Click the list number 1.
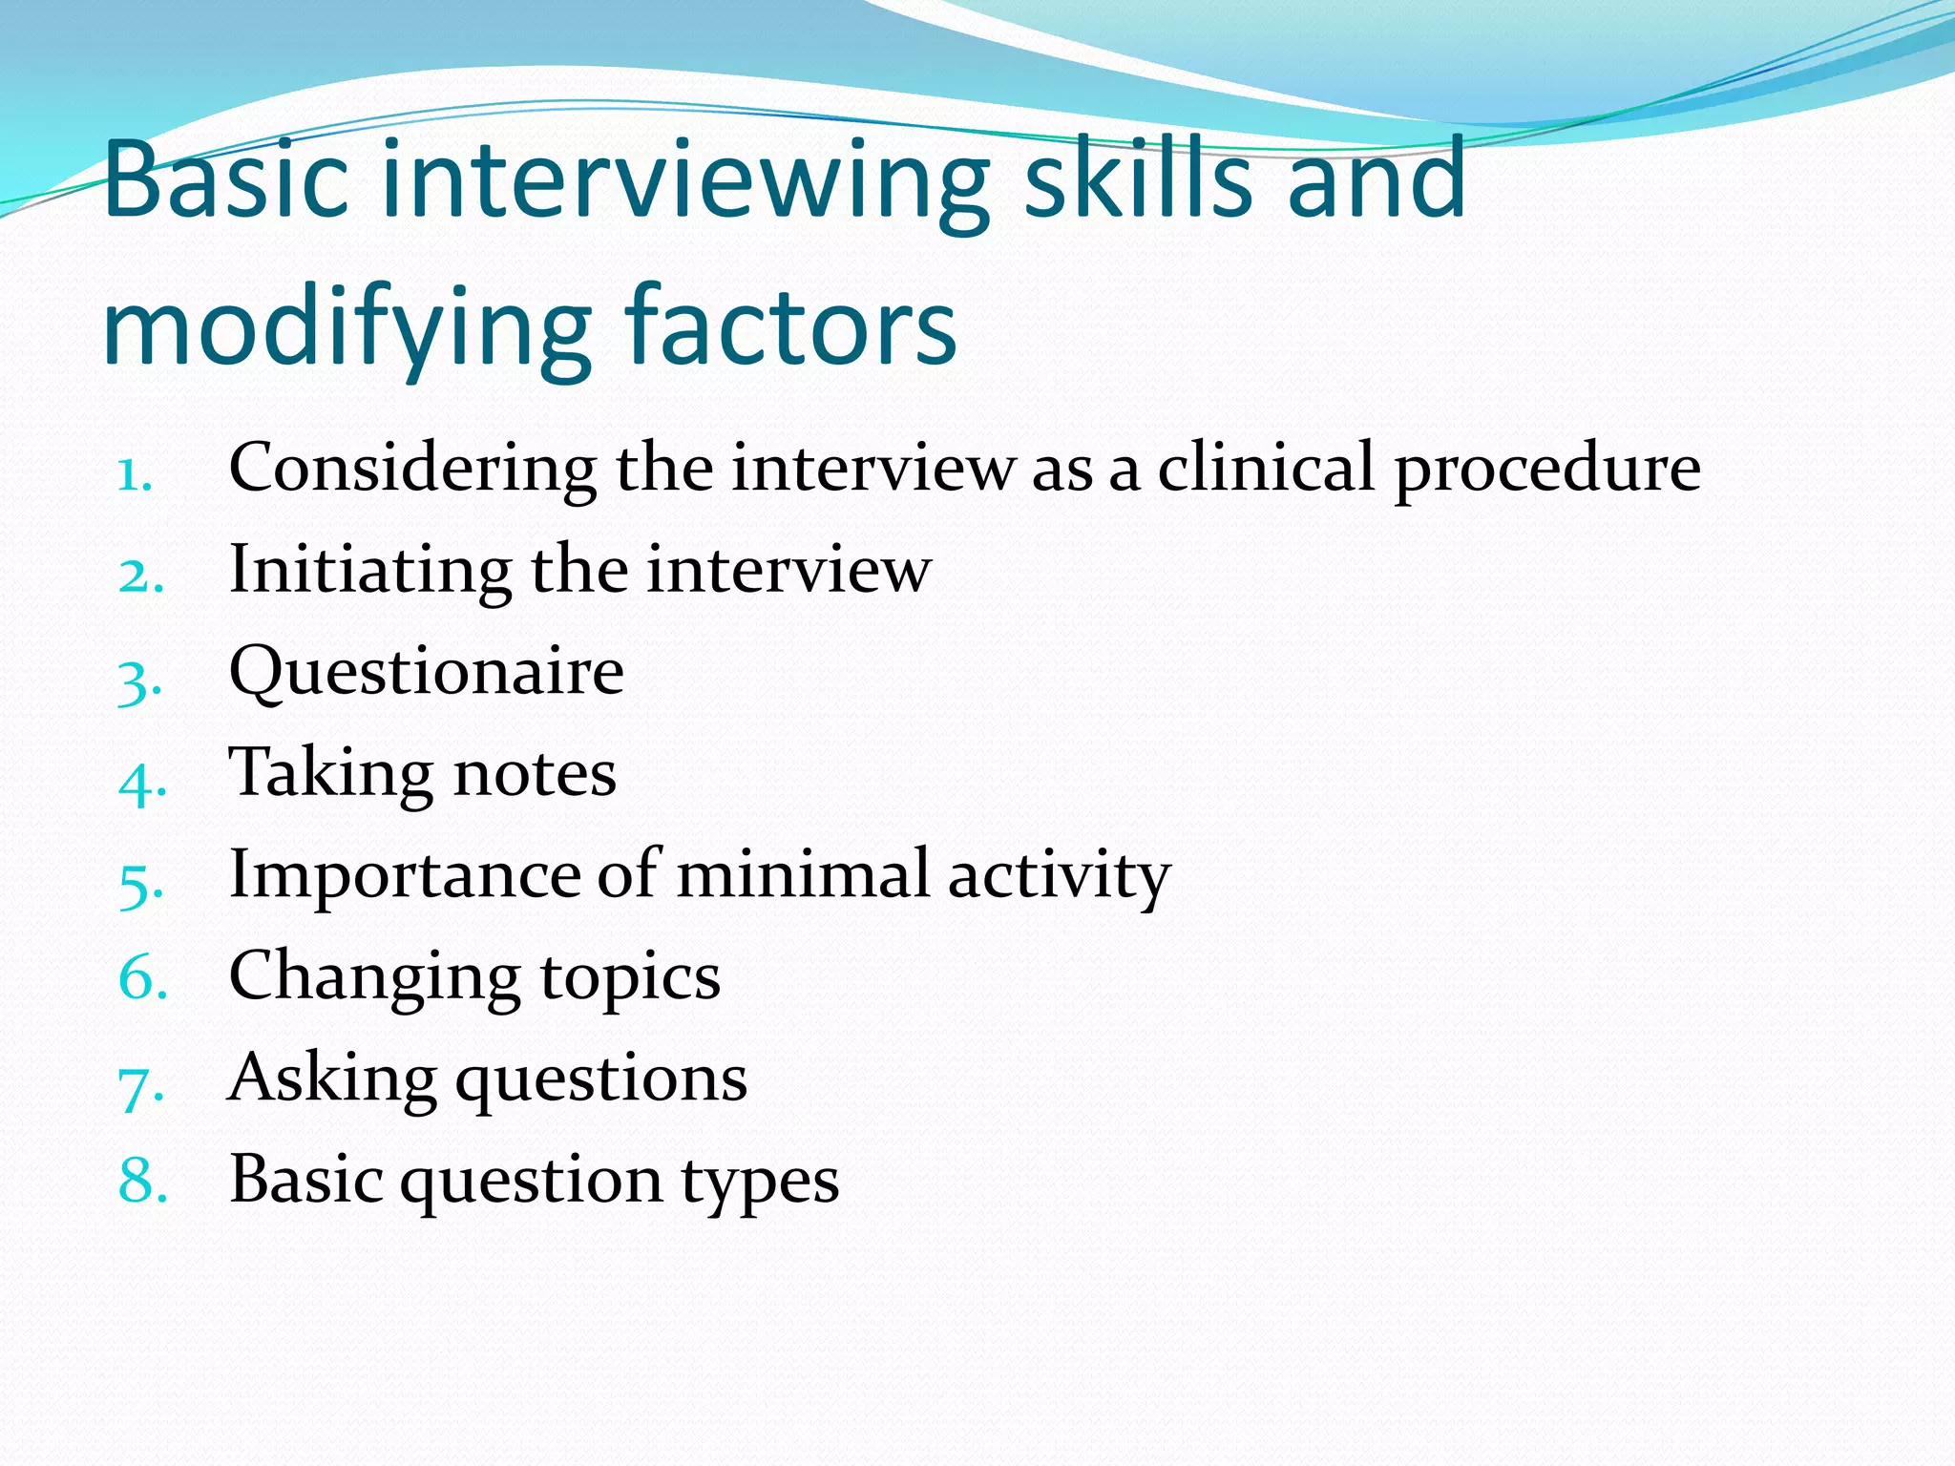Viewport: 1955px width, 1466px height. point(134,474)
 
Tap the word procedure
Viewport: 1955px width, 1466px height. point(1547,471)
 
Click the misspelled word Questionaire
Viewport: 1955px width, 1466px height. point(427,673)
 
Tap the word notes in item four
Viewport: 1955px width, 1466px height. point(535,774)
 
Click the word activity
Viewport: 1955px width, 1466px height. point(1059,876)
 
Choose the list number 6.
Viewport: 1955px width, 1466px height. point(142,979)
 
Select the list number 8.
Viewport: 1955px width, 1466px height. point(142,1180)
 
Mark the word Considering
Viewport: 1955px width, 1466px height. point(412,471)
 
